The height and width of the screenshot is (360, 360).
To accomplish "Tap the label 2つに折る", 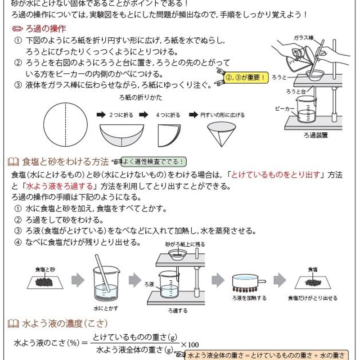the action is coord(121,115).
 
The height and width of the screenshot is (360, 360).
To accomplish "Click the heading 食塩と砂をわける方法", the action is coord(65,162).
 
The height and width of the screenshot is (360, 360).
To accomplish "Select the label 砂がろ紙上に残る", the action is coord(184,244).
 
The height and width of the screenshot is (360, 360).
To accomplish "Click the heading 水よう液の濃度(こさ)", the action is coord(64,323).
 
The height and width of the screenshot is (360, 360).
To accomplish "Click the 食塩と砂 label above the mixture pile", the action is coord(45,269).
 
